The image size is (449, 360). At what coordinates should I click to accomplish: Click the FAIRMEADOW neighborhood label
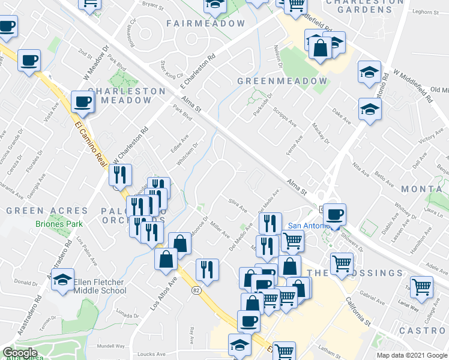point(206,23)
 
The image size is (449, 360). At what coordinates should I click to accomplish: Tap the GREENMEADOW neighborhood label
point(282,81)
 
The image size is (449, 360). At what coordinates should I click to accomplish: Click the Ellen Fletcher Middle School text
point(100,286)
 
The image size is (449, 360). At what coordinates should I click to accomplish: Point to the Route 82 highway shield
point(196,290)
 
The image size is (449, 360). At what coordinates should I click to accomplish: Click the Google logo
point(20,353)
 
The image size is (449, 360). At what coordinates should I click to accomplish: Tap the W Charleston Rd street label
point(130,146)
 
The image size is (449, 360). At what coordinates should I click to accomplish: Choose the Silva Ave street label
point(237,205)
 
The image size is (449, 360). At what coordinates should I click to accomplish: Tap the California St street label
point(358,310)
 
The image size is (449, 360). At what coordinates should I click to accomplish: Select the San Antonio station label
point(306,226)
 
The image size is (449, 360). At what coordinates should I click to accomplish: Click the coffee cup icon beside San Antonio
point(334,214)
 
